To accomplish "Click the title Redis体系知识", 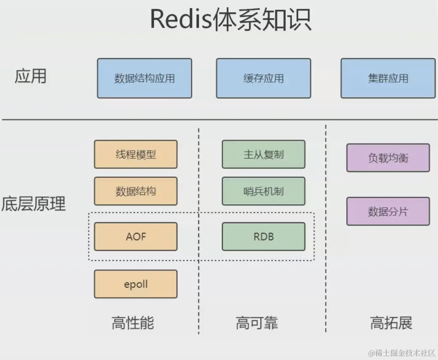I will pos(230,19).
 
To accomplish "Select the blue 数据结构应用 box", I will pos(145,78).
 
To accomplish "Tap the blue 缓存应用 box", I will pos(264,78).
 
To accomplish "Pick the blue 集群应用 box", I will pos(388,78).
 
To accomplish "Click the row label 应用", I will pos(30,77).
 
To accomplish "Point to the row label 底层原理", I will pos(34,204).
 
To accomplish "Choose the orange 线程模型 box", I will pos(136,154).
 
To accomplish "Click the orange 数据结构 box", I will pos(136,191).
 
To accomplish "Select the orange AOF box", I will pos(136,237).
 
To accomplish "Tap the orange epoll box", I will pos(136,284).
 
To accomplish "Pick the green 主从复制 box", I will pos(264,154).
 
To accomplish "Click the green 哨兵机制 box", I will pos(264,191).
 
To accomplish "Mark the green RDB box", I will pos(264,237).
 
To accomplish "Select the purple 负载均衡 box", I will pos(388,158).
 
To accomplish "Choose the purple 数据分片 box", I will pos(388,212).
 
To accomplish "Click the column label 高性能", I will pos(133,323).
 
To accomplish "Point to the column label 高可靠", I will pos(257,323).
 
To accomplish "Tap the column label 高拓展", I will pos(391,323).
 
